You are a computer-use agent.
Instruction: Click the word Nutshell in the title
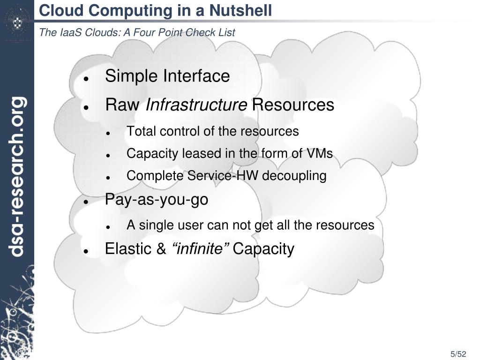(x=241, y=10)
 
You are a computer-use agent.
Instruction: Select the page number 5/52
(x=459, y=354)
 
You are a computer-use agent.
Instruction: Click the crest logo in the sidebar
(x=16, y=21)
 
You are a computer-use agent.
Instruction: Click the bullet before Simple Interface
(x=86, y=78)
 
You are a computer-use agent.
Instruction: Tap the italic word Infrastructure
(x=196, y=105)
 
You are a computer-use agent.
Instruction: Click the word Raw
(x=122, y=105)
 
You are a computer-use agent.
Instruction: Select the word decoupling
(x=294, y=176)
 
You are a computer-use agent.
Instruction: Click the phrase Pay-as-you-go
(x=157, y=200)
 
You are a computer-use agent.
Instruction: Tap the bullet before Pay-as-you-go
(x=86, y=202)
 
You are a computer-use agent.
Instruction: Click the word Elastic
(x=128, y=248)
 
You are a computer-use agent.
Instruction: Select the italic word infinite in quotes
(x=201, y=248)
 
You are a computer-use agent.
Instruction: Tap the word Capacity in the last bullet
(x=263, y=249)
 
